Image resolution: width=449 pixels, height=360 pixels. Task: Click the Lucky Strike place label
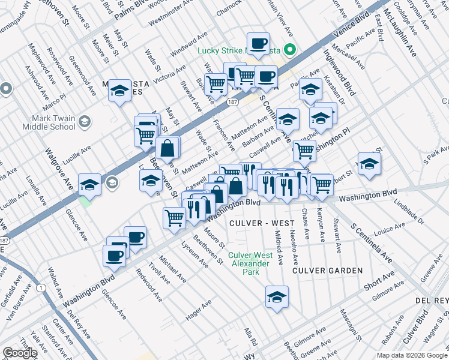(x=221, y=50)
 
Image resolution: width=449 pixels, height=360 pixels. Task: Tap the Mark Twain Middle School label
(x=49, y=122)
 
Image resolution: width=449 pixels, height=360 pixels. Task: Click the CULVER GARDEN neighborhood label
(x=327, y=271)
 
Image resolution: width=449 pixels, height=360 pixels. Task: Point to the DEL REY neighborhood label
(x=433, y=299)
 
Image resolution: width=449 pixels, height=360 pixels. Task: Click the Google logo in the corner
(x=20, y=353)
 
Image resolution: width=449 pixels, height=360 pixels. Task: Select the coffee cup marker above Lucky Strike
(x=258, y=43)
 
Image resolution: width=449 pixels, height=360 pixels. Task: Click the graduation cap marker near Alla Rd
(x=277, y=296)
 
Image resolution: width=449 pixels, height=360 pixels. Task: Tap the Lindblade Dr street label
(x=409, y=213)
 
